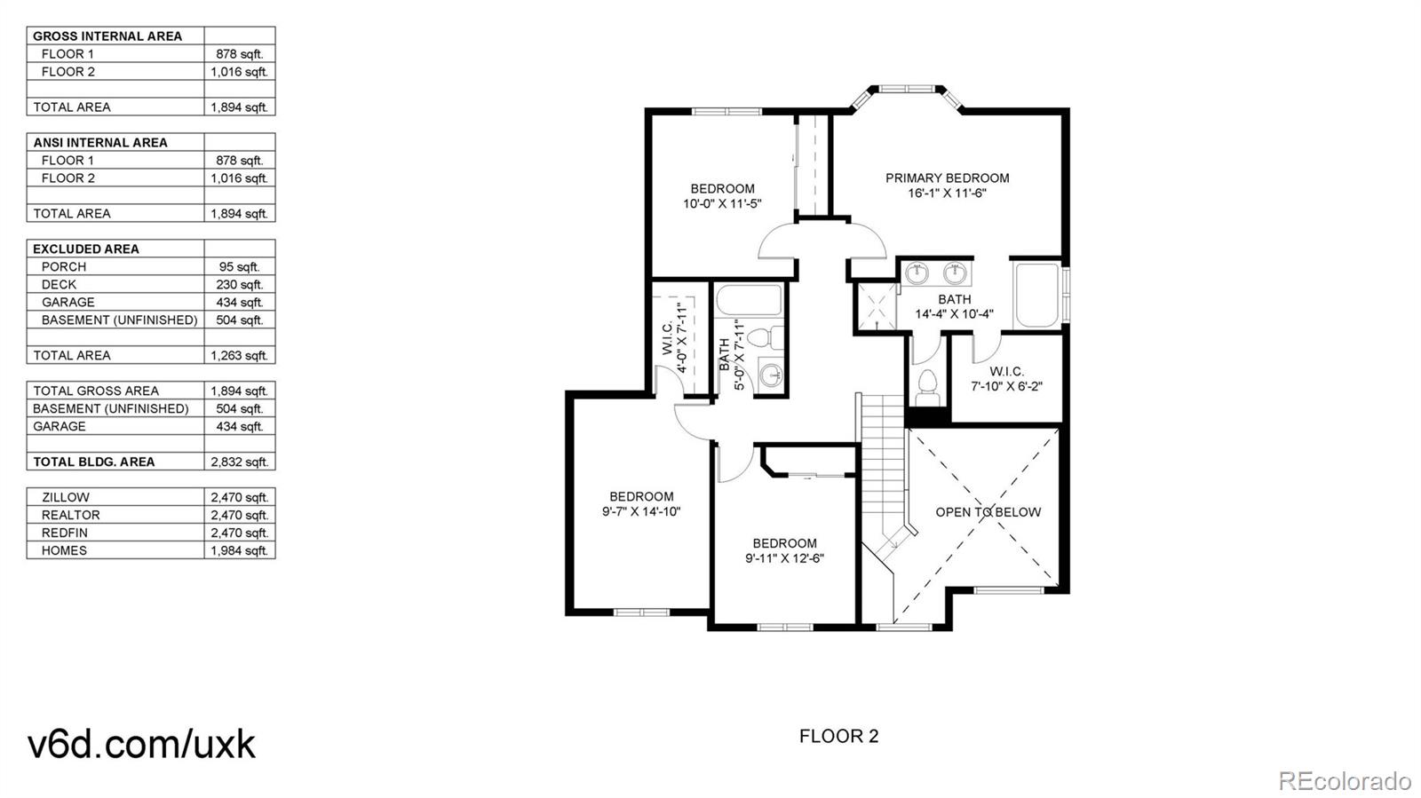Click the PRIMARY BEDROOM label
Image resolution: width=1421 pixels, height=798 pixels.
(947, 178)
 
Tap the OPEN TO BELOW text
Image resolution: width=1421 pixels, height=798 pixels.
(988, 512)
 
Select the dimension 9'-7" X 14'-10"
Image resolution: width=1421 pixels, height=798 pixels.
(641, 511)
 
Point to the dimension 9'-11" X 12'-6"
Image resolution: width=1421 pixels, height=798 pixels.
(785, 558)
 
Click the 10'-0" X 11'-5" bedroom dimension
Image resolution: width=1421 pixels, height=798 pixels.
(722, 203)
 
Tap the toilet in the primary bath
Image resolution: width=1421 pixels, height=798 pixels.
(927, 388)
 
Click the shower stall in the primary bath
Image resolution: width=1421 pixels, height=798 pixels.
(877, 307)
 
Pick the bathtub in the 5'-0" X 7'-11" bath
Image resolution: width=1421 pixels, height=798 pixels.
(750, 300)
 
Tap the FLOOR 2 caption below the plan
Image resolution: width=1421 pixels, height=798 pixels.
(838, 736)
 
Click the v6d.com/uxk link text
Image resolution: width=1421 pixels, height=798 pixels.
(141, 744)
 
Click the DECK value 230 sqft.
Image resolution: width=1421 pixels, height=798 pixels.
(239, 285)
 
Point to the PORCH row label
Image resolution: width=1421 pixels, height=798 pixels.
(64, 267)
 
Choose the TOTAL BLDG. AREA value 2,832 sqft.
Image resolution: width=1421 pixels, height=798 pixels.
(239, 462)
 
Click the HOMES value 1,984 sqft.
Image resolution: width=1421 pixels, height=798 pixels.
(239, 551)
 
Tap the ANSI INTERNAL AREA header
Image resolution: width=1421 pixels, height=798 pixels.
(100, 143)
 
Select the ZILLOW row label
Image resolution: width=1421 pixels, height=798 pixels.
(66, 498)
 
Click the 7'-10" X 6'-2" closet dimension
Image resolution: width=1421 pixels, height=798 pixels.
(1007, 386)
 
